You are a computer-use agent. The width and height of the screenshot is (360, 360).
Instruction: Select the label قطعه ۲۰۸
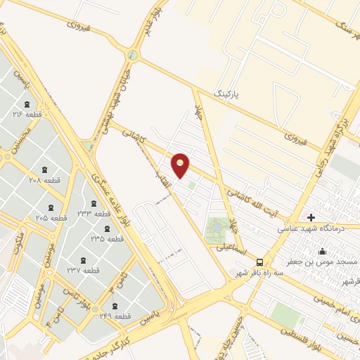coord(44,181)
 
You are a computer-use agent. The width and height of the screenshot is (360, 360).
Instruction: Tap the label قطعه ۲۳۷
coord(83,271)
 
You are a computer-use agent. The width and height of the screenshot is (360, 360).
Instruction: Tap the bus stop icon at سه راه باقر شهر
coord(260,260)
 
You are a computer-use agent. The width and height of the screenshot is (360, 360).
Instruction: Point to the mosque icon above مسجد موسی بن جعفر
coord(323,251)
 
